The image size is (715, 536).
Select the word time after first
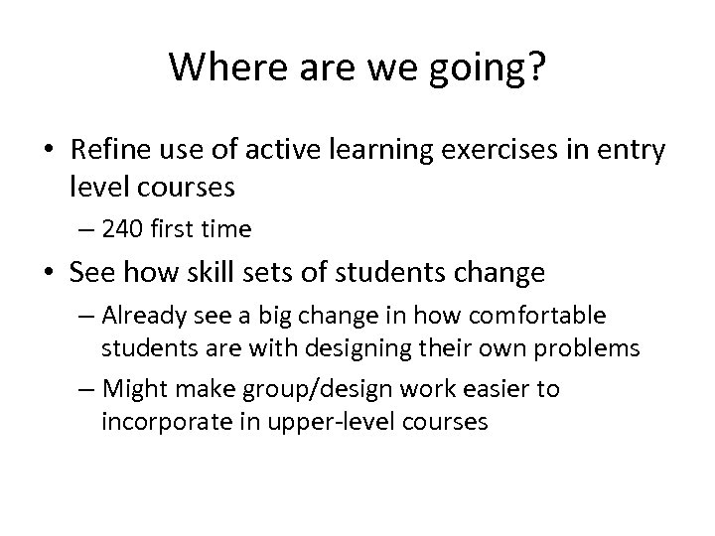[223, 229]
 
